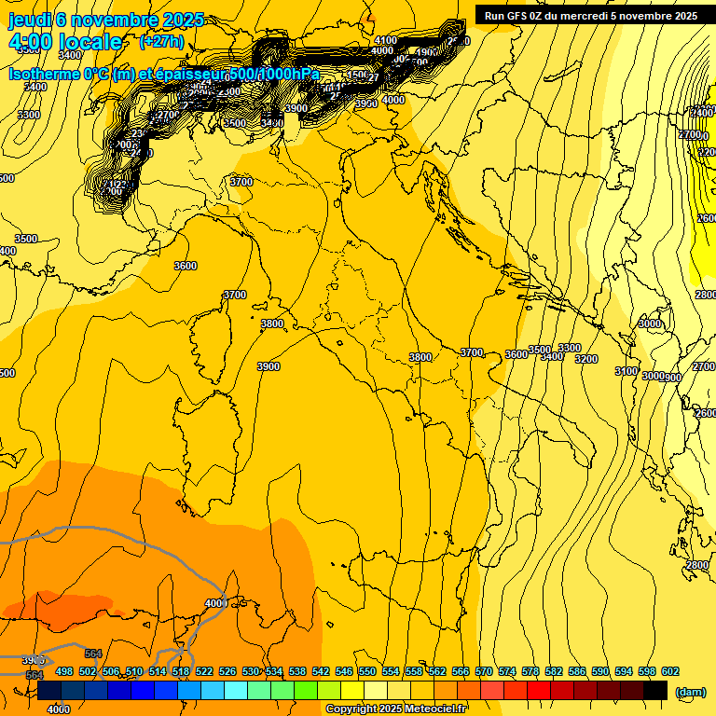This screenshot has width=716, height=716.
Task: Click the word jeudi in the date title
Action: [x=30, y=21]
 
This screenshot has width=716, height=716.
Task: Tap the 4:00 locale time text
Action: [x=65, y=42]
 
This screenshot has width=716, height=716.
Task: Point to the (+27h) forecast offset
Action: [x=161, y=42]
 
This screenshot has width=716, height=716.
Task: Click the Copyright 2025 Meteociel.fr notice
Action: [x=396, y=709]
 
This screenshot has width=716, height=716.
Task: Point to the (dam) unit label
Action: [x=690, y=692]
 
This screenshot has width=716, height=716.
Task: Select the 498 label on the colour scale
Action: [x=64, y=672]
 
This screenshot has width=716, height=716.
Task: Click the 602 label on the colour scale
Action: [x=670, y=672]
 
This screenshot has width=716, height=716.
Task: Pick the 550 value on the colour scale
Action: [x=367, y=672]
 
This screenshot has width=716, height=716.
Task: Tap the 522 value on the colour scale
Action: [x=204, y=672]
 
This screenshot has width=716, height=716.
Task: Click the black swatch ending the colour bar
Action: [x=655, y=691]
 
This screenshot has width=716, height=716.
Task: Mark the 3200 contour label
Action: [x=585, y=359]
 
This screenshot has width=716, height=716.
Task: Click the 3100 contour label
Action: [x=626, y=371]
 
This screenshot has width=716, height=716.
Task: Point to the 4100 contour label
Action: [x=385, y=41]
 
